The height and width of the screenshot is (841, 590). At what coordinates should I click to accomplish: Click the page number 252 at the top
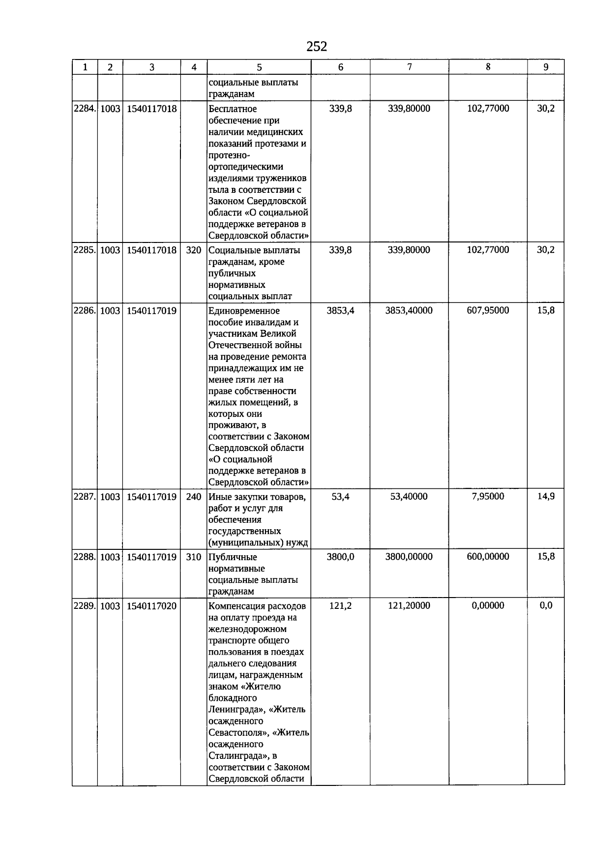(x=317, y=46)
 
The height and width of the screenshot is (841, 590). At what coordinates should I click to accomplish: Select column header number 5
(x=259, y=67)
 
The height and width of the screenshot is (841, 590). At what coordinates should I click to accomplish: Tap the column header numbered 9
(x=546, y=67)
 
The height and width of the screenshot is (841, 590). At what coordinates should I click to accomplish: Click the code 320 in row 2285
(x=194, y=250)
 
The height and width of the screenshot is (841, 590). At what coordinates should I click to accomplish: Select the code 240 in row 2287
(x=194, y=497)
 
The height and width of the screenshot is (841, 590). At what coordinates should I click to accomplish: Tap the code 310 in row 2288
(x=194, y=557)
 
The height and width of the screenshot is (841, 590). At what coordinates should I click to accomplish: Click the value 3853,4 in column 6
(x=340, y=311)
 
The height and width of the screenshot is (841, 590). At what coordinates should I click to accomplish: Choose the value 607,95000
(x=488, y=311)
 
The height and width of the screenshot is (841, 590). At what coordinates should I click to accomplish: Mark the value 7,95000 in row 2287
(x=488, y=497)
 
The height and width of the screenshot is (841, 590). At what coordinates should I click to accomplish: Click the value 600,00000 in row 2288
(x=488, y=557)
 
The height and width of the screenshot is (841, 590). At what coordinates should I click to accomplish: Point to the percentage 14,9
(x=546, y=497)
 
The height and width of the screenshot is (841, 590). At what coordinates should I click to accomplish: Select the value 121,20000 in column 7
(x=409, y=606)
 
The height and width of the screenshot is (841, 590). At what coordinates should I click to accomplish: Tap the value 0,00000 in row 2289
(x=488, y=606)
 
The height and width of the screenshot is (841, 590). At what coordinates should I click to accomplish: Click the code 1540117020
(x=151, y=606)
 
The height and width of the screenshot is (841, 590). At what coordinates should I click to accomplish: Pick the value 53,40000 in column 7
(x=409, y=497)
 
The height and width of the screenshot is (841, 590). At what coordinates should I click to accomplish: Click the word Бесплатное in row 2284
(x=233, y=109)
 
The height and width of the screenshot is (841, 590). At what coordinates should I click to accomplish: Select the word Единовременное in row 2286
(x=244, y=311)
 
